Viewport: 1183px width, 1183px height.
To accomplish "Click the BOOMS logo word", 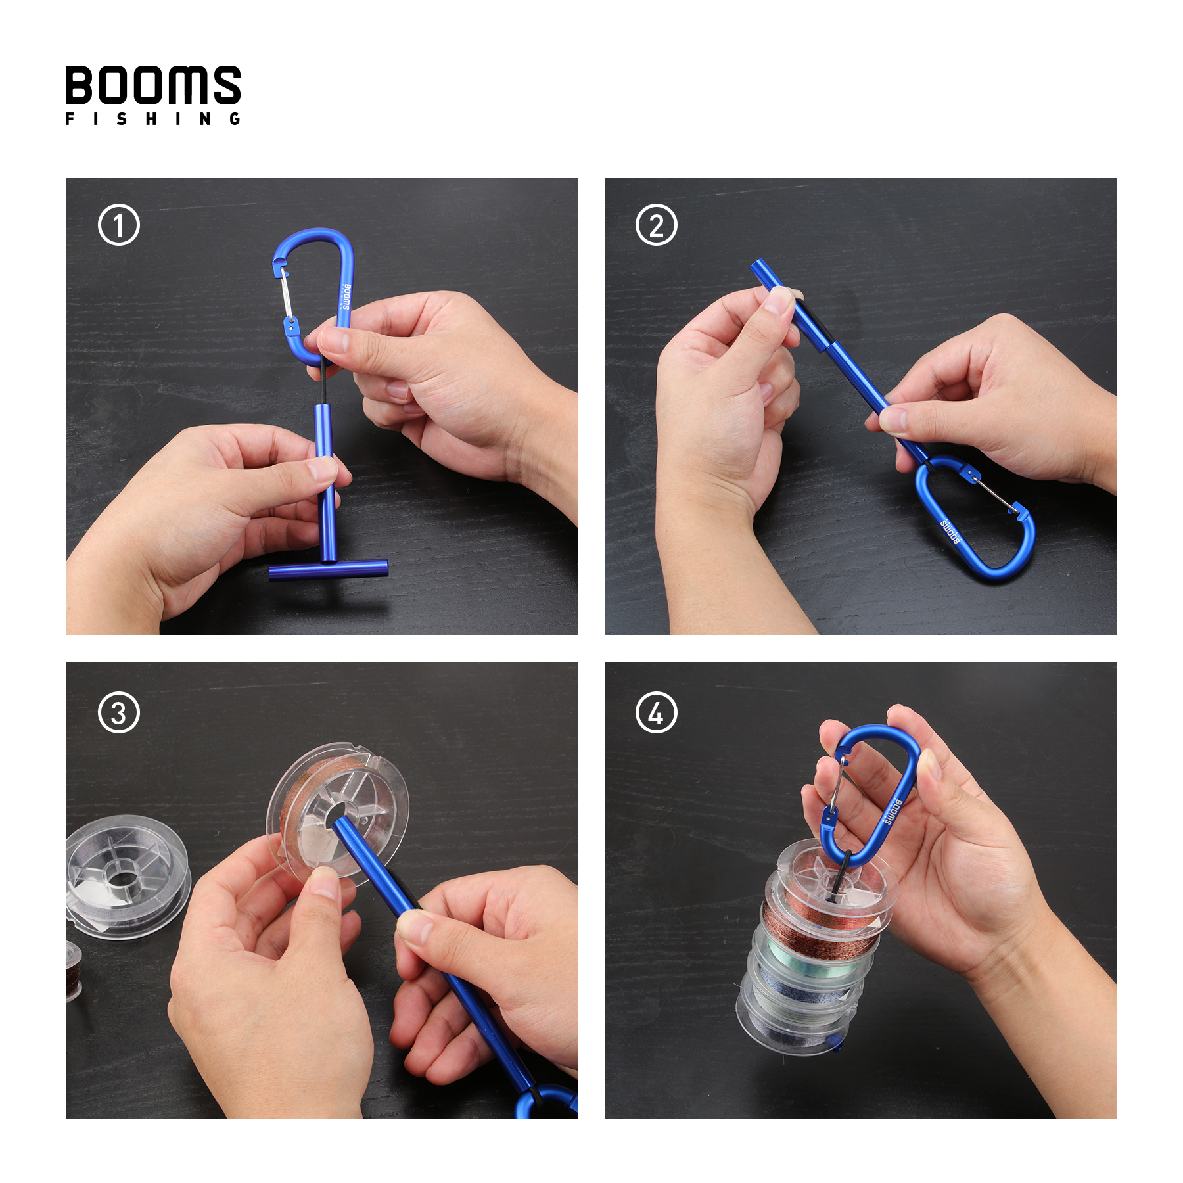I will coord(152,85).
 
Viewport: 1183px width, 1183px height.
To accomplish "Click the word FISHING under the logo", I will coord(152,119).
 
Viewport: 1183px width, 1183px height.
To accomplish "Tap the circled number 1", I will coord(119,225).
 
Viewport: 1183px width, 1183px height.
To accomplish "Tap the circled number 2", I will coord(657,225).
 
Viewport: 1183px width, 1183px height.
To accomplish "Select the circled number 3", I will coord(119,713).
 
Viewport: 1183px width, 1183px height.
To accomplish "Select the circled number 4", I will coord(657,713).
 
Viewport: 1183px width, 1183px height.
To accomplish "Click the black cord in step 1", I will coord(323,384).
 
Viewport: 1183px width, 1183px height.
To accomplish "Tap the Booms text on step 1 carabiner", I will coord(346,297).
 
